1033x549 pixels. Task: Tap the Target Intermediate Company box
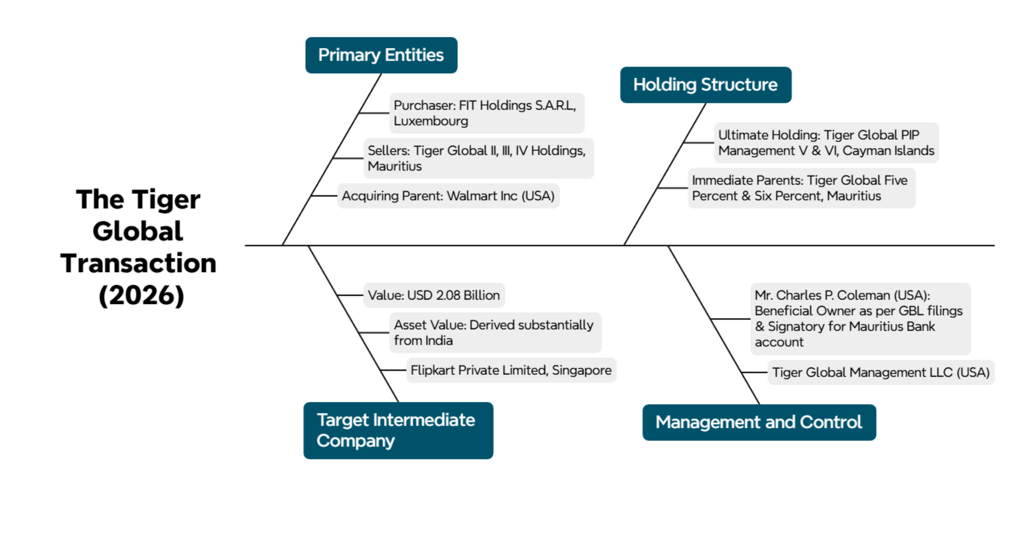click(398, 430)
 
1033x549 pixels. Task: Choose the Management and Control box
click(759, 422)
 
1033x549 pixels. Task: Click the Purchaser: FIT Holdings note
click(486, 113)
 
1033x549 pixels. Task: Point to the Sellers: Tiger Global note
click(478, 158)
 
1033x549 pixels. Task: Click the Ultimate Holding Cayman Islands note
click(826, 143)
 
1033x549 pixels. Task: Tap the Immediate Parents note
click(801, 188)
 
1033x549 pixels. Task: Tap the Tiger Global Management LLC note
click(881, 373)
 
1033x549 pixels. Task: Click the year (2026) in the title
click(141, 296)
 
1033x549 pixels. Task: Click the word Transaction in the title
click(138, 263)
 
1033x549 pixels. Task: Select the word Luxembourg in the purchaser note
click(431, 121)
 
